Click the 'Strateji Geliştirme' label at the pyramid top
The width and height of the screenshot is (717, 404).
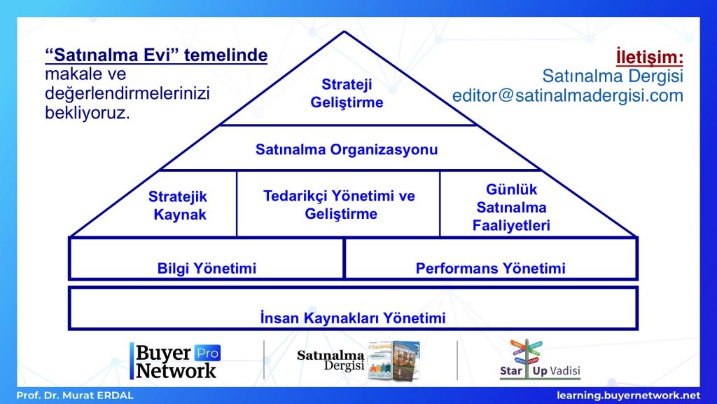coord(347,93)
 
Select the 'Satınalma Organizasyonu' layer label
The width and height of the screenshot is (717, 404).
coord(347,149)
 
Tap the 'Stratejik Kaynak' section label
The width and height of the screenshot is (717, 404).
coord(179,206)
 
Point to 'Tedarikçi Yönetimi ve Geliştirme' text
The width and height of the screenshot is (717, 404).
coord(340,204)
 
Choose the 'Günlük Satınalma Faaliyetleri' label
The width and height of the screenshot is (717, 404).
coord(511,207)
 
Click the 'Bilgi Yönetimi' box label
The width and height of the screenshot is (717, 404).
coord(207,268)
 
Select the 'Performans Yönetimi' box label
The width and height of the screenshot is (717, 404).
coord(490,268)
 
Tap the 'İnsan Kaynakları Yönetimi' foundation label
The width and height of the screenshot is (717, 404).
coord(353,318)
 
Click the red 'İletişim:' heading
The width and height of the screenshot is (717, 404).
coord(649,57)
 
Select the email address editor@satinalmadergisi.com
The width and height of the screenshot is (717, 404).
coord(567,95)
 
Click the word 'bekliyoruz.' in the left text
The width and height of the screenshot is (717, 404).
coord(88,112)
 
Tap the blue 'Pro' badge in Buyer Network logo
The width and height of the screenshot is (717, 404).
coord(207,353)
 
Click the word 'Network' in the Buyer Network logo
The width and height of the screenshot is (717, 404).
coord(176,370)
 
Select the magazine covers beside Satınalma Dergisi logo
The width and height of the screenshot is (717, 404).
coord(394,360)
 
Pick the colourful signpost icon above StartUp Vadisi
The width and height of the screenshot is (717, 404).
coord(527,352)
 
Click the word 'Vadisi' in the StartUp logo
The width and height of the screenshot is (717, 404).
coord(565,370)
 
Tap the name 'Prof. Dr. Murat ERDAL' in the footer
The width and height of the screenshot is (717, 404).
coord(75,396)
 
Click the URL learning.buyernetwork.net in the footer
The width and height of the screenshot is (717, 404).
coord(628,396)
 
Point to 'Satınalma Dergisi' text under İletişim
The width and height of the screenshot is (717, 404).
coord(613,76)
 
